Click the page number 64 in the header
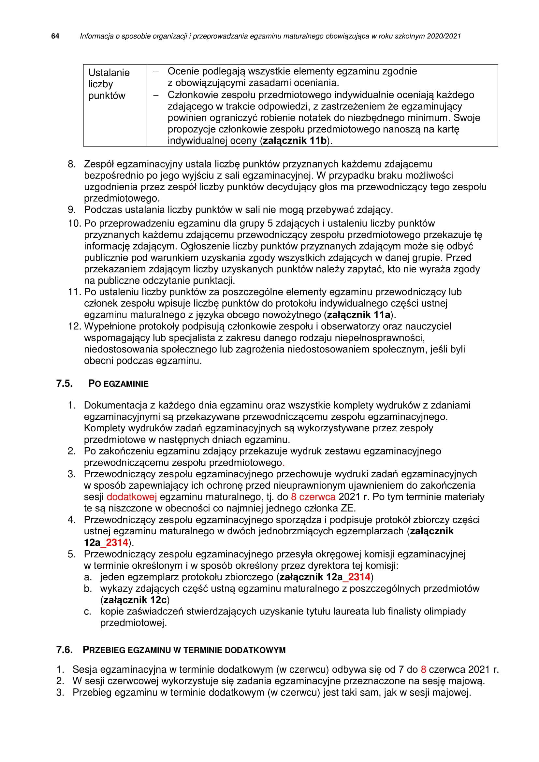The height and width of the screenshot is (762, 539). pos(55,36)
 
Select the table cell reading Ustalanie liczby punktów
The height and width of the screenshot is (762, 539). pos(109,84)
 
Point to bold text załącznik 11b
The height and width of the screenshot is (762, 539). pos(295,141)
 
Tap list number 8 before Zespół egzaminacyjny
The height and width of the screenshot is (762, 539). pos(72,164)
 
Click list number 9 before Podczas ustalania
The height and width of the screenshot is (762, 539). pos(72,210)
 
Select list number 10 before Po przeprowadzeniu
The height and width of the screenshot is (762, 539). pos(74,223)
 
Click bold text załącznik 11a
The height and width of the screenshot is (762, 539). pos(358,315)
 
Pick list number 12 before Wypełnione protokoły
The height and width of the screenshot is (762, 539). pos(74,326)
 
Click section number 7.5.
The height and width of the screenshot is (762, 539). pos(65,384)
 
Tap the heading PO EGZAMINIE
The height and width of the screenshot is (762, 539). pos(118,384)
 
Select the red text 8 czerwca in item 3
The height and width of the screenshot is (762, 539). pos(313,497)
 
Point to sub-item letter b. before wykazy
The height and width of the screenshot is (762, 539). pos(88,588)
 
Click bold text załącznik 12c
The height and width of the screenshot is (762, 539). pos(135,600)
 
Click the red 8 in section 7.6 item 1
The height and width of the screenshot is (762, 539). pos(424,669)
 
